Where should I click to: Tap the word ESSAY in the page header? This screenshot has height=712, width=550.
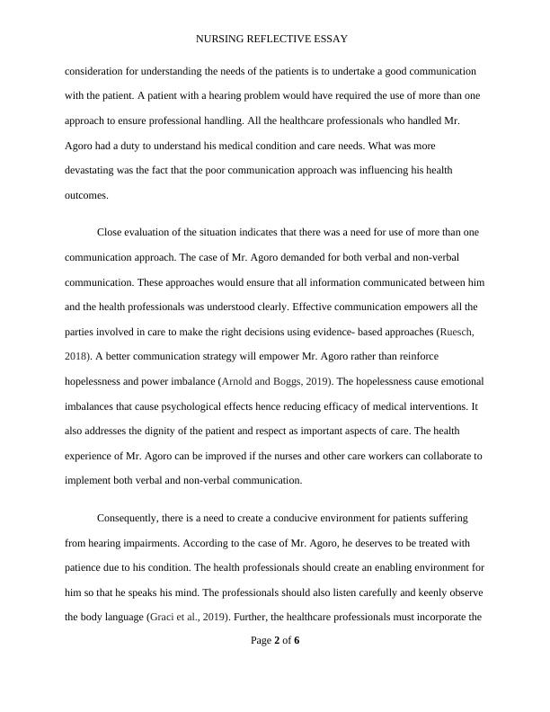(328, 40)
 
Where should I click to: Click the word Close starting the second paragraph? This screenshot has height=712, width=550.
(111, 232)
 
